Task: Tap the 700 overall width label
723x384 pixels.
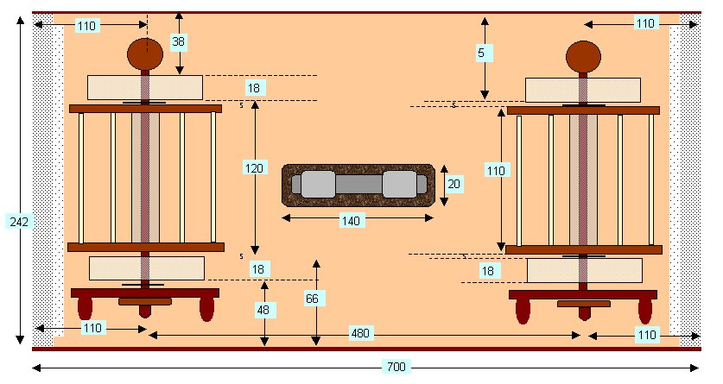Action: [395, 368]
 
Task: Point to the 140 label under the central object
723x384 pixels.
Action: [350, 221]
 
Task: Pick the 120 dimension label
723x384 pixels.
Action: [253, 169]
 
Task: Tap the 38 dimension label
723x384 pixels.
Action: [178, 41]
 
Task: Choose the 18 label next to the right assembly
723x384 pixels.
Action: [489, 271]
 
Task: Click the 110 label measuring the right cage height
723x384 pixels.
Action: [495, 171]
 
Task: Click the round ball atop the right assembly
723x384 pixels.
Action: [583, 57]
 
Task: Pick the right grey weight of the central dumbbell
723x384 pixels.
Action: [400, 184]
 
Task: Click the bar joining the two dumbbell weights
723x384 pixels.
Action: [358, 185]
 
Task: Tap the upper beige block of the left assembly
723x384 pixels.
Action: [145, 87]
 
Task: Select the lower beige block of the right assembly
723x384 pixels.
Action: [584, 270]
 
